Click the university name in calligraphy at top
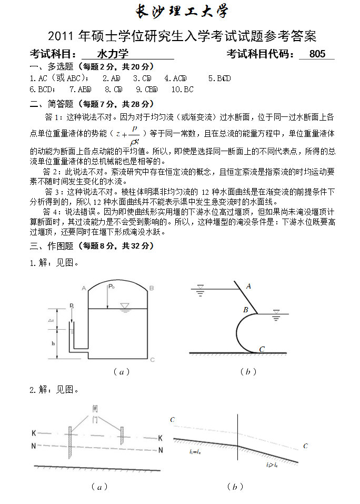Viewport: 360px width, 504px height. [182, 12]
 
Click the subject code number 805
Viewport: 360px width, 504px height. [318, 54]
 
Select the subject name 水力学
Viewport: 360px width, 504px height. [113, 54]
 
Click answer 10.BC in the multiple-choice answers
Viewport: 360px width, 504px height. [183, 90]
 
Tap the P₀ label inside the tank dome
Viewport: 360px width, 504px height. [111, 287]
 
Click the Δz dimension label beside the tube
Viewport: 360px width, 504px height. [51, 320]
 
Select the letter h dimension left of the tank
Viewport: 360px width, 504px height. [54, 343]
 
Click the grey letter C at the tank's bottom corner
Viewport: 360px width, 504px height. [152, 360]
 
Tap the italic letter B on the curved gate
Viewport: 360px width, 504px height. [245, 310]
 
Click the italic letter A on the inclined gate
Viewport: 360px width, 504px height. [248, 286]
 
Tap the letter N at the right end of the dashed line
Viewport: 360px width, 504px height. [161, 450]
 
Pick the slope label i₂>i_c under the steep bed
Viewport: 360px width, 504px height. [272, 465]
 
